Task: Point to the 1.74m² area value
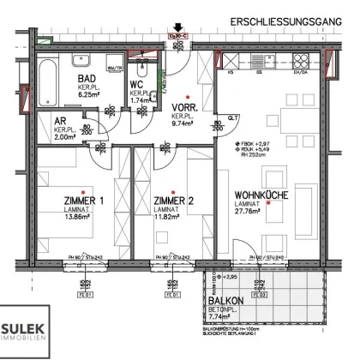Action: [141, 100]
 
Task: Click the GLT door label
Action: [232, 119]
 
